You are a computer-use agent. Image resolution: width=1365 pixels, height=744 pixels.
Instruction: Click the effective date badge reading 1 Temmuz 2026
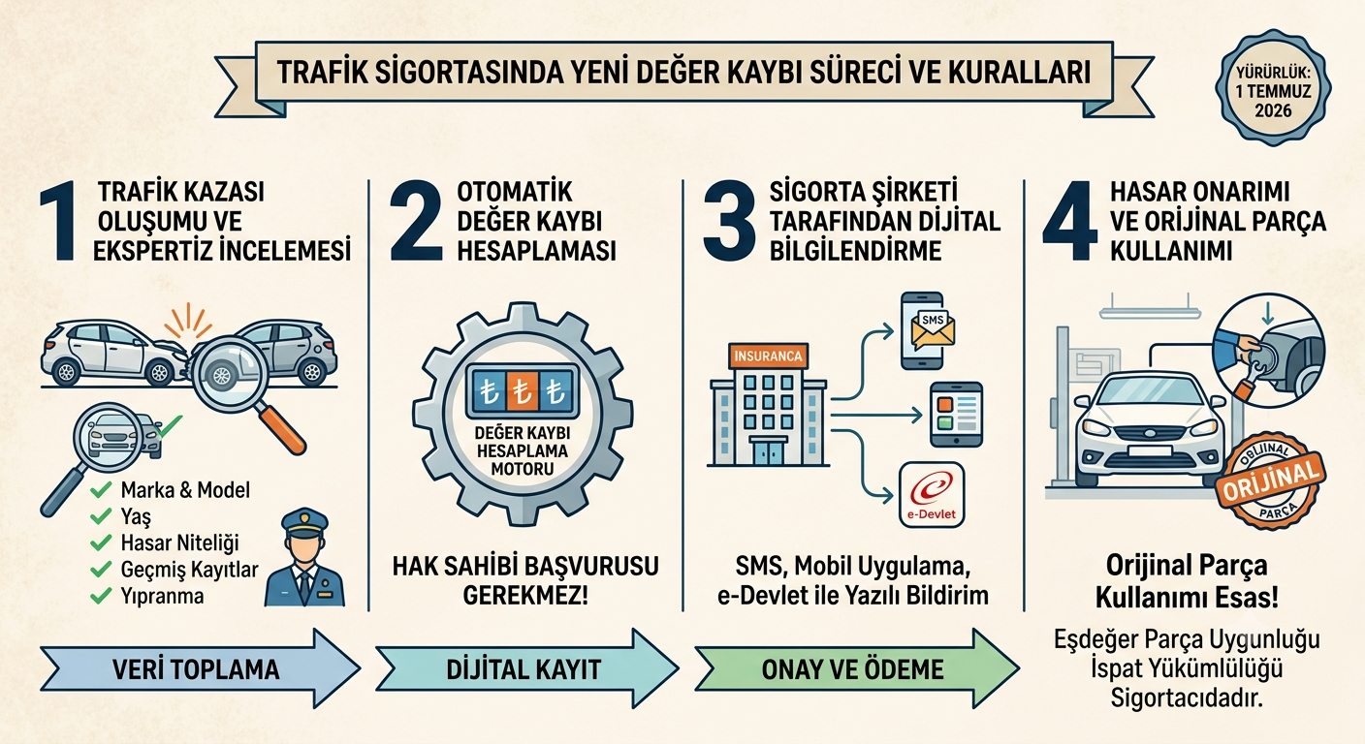tap(1273, 88)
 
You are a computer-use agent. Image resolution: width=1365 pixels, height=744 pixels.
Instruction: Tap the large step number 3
tap(729, 221)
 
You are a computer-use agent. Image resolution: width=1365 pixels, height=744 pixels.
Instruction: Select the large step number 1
tap(58, 221)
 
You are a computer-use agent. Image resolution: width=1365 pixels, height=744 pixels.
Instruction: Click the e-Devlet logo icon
tap(932, 494)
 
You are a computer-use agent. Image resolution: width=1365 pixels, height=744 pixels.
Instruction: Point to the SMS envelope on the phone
tap(933, 326)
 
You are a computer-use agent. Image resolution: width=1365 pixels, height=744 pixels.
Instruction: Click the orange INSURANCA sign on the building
tap(768, 356)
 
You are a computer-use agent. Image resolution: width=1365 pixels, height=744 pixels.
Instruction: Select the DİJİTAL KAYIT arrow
tap(526, 668)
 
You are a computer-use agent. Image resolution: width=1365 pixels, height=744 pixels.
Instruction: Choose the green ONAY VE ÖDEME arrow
tap(857, 668)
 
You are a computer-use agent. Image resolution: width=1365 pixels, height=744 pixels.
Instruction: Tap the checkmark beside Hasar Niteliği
tap(101, 542)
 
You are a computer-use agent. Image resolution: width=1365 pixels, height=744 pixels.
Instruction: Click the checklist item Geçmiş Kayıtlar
tap(189, 570)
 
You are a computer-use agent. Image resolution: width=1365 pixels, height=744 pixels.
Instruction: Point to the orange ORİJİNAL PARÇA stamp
tap(1270, 480)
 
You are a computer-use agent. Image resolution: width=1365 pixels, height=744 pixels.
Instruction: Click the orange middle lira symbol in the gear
tap(521, 392)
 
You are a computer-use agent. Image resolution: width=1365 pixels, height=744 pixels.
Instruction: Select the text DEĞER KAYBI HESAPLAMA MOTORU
tap(523, 451)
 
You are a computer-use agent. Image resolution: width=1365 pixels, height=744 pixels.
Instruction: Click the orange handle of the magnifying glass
tap(281, 429)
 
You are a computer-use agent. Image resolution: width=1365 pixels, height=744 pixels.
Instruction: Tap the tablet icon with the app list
tap(956, 415)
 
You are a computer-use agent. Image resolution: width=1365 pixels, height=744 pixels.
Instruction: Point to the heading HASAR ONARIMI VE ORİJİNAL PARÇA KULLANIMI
tap(1218, 221)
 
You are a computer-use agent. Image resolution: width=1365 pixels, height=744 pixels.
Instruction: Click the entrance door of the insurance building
tap(769, 453)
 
